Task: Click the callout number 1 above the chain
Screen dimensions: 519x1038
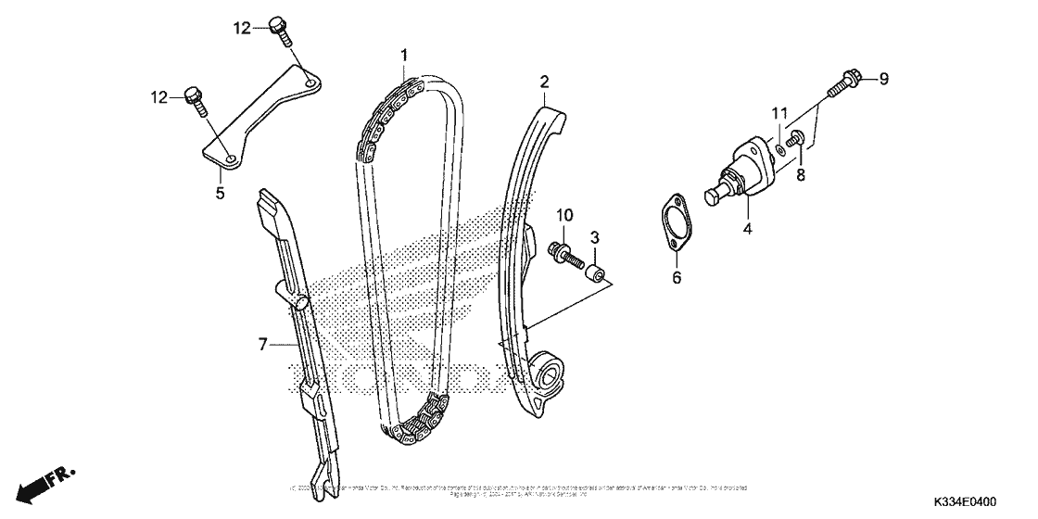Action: pos(404,56)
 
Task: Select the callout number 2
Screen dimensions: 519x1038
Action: pos(545,81)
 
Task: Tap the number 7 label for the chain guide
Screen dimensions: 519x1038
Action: pos(263,345)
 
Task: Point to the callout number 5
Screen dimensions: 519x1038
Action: pos(221,193)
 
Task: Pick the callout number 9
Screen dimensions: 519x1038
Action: pos(883,80)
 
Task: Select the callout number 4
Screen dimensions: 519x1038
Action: pos(748,225)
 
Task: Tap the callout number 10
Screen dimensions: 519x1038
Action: pos(565,216)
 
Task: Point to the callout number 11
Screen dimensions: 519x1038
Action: pos(779,113)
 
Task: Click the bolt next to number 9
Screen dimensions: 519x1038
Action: pos(845,83)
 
